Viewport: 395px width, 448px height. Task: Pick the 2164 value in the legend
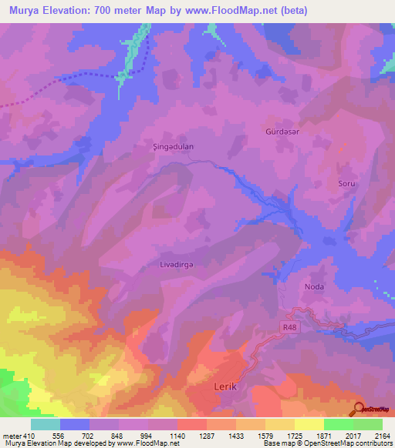pyautogui.click(x=382, y=435)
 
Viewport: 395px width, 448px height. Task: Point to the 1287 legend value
pyautogui.click(x=206, y=435)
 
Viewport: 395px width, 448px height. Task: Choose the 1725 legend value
pyautogui.click(x=294, y=435)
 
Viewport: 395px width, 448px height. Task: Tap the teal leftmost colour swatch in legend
pyautogui.click(x=46, y=424)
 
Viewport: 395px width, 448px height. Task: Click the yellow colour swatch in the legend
pyautogui.click(x=309, y=424)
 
